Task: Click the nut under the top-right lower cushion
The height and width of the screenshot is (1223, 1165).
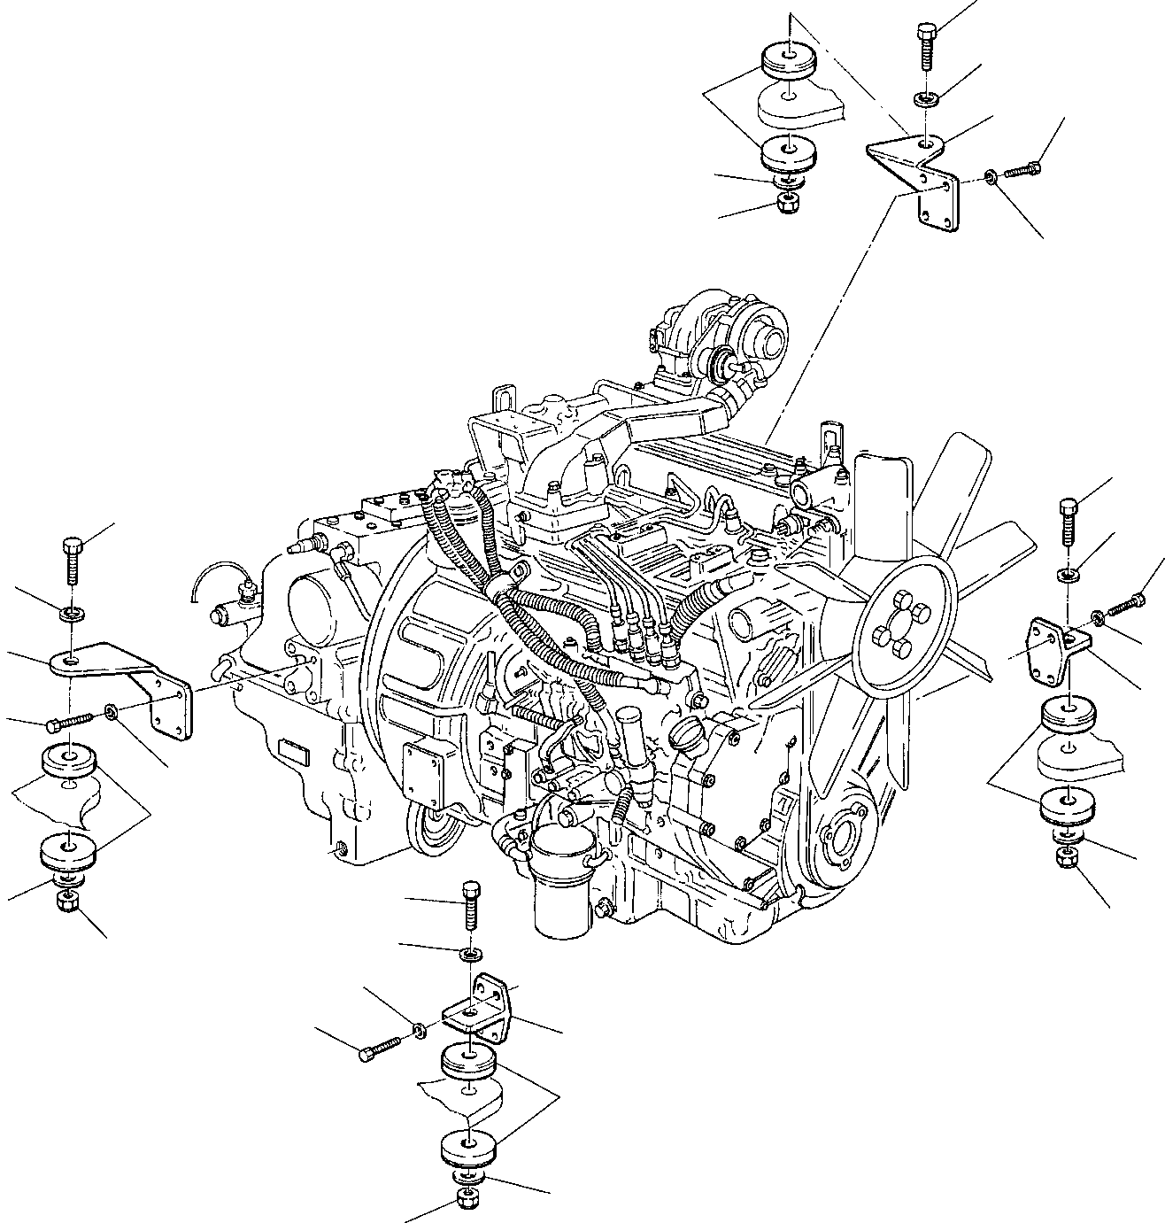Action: click(784, 203)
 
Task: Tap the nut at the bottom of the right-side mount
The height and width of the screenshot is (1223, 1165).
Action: click(1068, 857)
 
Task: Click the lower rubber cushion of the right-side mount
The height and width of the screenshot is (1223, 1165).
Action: click(1069, 807)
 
